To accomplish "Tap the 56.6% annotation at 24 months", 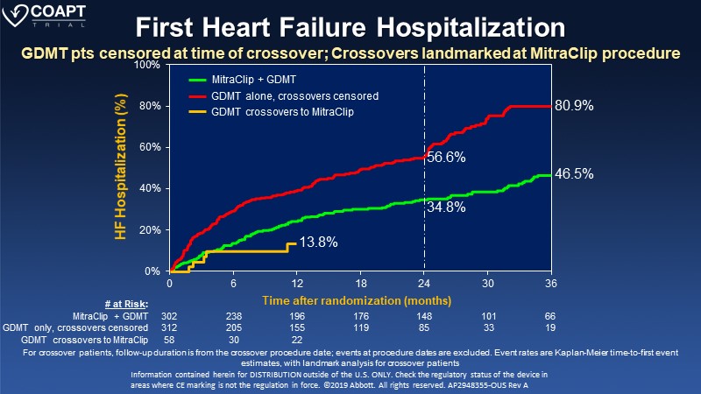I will coord(445,158).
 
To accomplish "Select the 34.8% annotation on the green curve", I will coord(445,208).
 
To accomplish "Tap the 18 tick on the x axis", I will coord(360,285).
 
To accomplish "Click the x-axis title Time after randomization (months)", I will coord(360,299).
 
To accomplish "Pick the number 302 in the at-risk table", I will coord(171,315).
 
